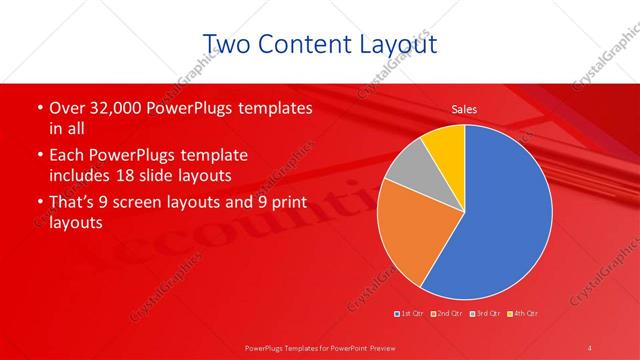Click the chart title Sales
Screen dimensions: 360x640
[464, 108]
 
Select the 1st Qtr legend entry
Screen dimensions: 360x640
[411, 314]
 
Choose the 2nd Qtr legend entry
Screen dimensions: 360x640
[448, 314]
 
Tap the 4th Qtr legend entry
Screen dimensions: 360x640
[523, 314]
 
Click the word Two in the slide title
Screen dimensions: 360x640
[226, 44]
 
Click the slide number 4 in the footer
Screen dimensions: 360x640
[589, 347]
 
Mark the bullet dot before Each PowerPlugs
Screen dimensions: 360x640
[39, 156]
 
